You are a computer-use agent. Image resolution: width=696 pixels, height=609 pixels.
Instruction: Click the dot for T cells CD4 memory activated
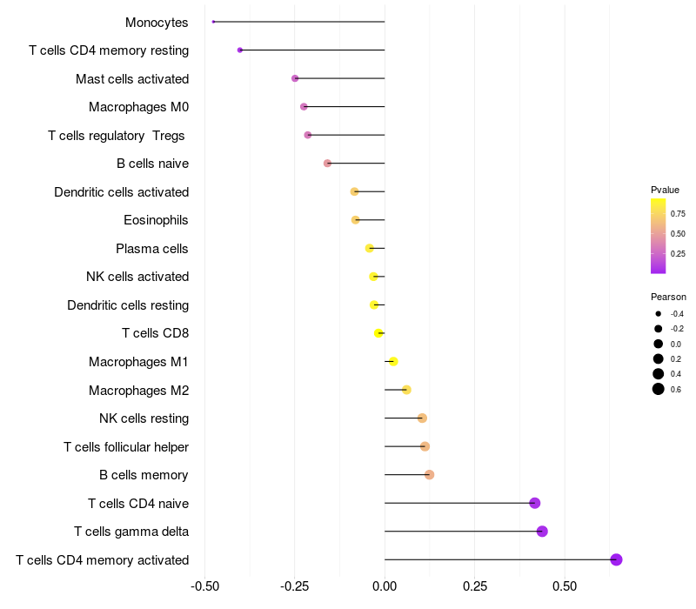click(616, 559)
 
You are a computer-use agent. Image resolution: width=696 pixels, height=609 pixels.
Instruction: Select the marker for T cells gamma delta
click(542, 532)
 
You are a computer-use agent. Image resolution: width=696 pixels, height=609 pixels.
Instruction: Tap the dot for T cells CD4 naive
click(535, 503)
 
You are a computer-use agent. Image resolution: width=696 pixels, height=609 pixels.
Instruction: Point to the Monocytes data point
click(213, 22)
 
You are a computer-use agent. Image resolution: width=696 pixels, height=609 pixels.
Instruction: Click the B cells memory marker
click(429, 475)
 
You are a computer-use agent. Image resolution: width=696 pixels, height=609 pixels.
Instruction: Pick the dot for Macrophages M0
click(304, 107)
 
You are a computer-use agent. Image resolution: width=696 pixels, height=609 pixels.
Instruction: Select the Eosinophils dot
click(355, 220)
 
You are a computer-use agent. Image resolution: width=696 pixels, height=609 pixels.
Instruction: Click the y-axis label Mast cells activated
click(132, 79)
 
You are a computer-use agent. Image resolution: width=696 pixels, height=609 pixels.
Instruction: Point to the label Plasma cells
click(152, 249)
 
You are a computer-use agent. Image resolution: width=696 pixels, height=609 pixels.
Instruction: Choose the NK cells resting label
click(144, 418)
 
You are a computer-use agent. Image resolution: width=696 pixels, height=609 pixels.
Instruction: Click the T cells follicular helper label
click(126, 447)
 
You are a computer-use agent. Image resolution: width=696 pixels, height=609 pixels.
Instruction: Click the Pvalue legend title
click(665, 190)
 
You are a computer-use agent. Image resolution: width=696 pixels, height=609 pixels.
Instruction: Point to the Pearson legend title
click(668, 297)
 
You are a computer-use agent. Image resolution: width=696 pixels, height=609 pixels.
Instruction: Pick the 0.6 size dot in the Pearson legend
click(659, 389)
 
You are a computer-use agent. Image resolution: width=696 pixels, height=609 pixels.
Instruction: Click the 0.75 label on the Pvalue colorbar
click(678, 213)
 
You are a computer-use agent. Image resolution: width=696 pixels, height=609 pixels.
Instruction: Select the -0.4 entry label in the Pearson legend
click(677, 313)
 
